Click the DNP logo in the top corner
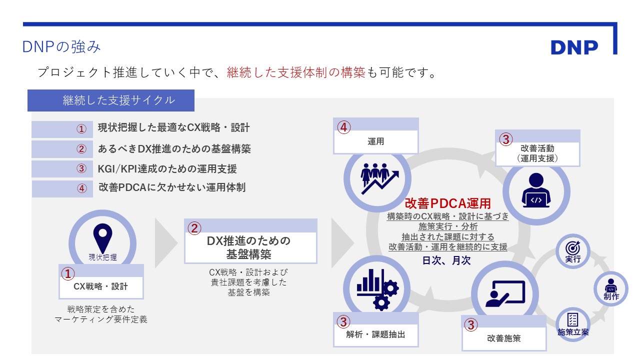[x=574, y=47]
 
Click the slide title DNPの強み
[x=61, y=47]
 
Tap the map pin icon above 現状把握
[x=103, y=237]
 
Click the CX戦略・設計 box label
[x=101, y=286]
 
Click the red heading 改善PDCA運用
[x=447, y=203]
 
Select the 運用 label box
[x=375, y=141]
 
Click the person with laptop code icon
[x=536, y=190]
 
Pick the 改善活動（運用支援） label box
[x=537, y=153]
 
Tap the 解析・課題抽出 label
[x=376, y=334]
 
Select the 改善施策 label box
[x=504, y=338]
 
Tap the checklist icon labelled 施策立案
[x=573, y=323]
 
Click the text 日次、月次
[x=446, y=260]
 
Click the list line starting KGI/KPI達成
[x=167, y=168]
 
